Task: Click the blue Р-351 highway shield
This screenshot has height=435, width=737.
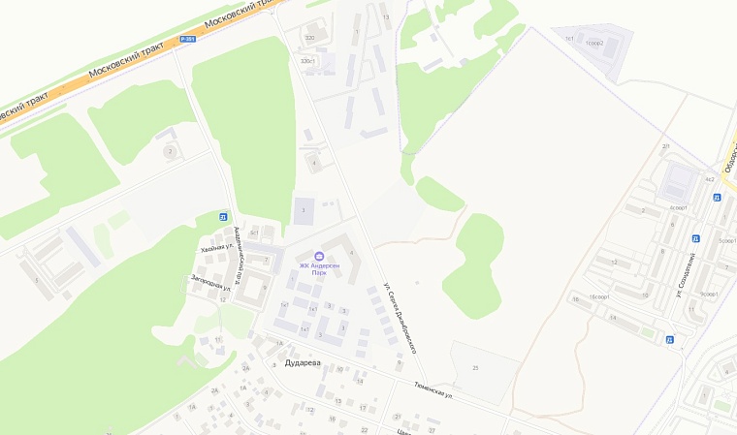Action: [x=188, y=39]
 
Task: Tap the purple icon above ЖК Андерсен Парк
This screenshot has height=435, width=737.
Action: [x=320, y=256]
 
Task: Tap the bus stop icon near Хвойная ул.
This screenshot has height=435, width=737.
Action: [x=224, y=217]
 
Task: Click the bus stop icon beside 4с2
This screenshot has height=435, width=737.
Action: [x=717, y=198]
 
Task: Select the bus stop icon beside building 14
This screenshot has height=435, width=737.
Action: [x=670, y=339]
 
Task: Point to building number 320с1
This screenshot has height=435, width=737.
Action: [x=308, y=61]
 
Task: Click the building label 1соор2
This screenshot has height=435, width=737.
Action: [x=594, y=44]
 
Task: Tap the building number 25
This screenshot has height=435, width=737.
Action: [x=475, y=368]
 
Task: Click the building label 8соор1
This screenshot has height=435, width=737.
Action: [x=678, y=207]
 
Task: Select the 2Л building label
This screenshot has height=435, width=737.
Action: [x=666, y=146]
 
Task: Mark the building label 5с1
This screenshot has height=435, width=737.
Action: [x=254, y=233]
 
